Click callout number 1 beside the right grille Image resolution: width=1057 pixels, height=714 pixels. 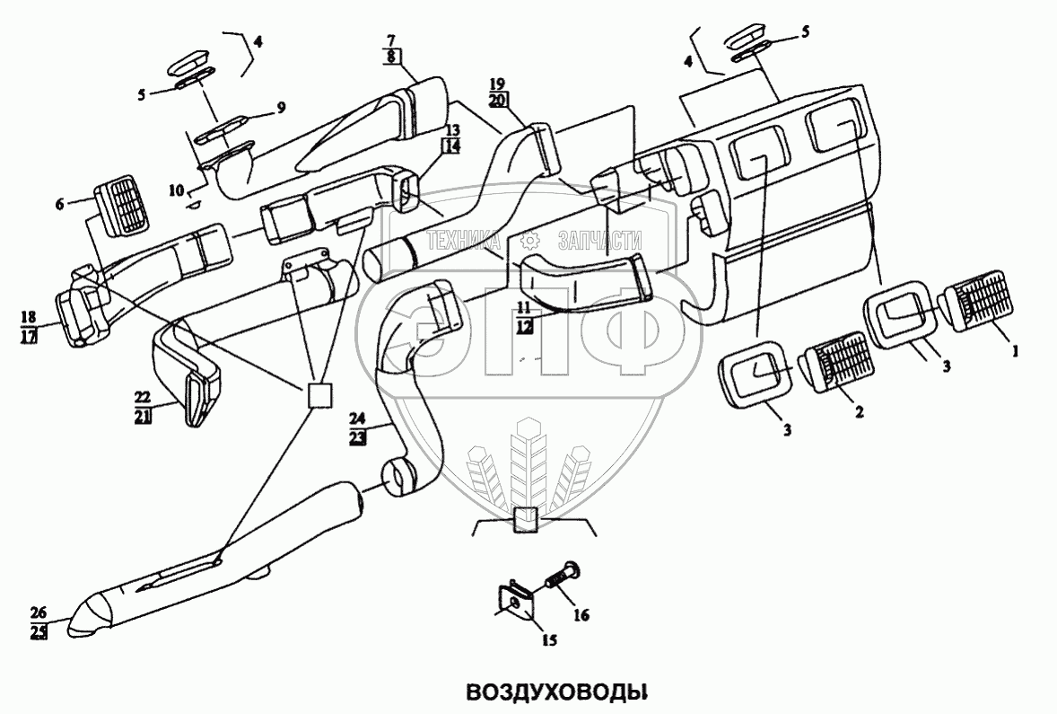1015,352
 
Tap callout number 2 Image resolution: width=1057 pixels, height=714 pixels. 859,411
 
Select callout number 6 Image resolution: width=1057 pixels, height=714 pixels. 60,205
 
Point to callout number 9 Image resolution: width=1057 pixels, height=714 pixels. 281,108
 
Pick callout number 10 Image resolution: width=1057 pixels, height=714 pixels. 177,190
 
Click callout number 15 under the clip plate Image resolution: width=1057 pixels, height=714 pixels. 549,640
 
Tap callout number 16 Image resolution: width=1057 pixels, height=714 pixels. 581,615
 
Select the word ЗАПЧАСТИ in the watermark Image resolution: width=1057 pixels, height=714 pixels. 599,240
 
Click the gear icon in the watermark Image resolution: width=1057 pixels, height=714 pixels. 530,240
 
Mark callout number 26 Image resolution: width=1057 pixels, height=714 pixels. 38,613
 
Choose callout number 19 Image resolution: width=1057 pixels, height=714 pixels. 498,84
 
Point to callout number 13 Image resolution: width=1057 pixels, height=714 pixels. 450,130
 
